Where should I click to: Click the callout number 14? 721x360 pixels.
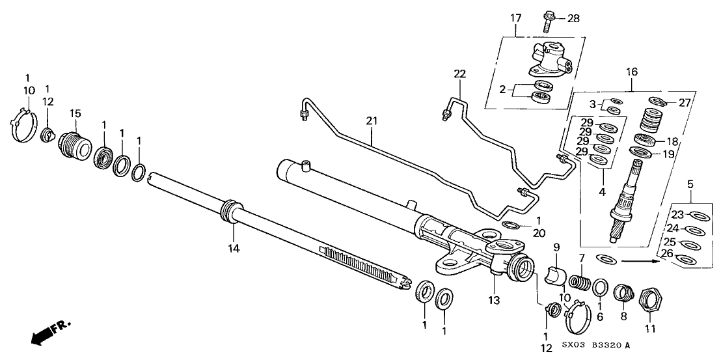coord(232,248)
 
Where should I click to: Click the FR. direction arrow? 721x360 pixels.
coord(49,331)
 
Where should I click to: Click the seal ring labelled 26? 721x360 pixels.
coord(685,261)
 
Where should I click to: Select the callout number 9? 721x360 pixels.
coord(556,247)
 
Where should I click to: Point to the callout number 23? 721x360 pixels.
coord(677,214)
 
